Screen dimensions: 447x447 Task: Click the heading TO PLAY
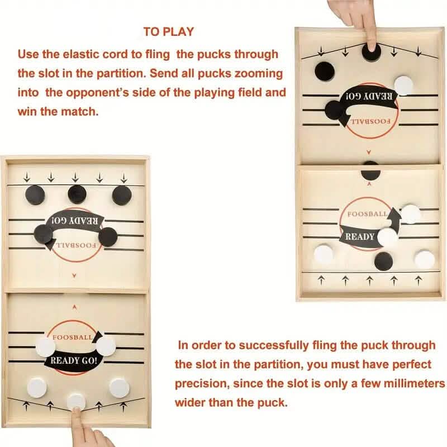coord(168,32)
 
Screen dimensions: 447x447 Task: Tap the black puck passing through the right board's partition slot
coord(370,169)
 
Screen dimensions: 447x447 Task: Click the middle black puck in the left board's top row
coord(78,194)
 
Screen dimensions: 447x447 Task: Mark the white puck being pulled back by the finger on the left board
coord(76,401)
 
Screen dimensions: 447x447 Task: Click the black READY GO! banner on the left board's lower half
coord(74,360)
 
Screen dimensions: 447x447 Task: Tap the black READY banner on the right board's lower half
coord(360,236)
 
